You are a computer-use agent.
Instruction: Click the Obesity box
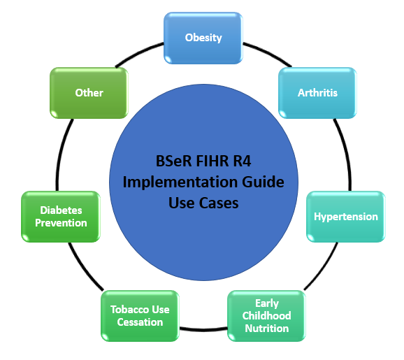point(203,38)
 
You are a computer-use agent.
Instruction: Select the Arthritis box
point(317,93)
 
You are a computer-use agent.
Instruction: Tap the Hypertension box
point(346,217)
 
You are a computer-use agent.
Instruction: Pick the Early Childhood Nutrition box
point(266,316)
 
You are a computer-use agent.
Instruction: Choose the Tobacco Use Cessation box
point(140,316)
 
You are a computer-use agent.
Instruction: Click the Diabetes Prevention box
point(61,217)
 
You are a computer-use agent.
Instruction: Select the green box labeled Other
point(89,93)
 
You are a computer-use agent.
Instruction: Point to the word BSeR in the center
point(173,161)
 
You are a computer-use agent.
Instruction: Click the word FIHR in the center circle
point(212,161)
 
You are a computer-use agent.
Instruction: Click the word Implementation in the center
point(180,182)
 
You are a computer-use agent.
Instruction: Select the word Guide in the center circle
point(263,182)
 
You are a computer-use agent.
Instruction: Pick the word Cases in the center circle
point(219,203)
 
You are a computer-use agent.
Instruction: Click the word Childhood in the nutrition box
point(266,316)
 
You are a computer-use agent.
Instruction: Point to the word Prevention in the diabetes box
point(61,223)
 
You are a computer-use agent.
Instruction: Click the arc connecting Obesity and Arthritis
point(268,53)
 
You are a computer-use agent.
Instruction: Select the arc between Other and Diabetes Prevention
point(61,154)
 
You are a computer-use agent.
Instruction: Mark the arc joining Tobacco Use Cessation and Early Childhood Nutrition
point(203,329)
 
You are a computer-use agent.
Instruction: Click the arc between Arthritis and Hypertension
point(345,154)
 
